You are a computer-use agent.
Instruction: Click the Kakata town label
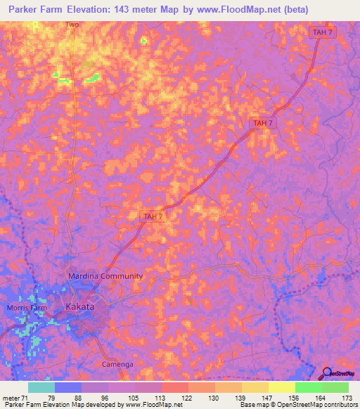pos(79,307)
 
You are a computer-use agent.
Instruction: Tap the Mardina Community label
pos(105,276)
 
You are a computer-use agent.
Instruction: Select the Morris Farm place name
pos(25,308)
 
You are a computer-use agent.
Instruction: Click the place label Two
pos(72,25)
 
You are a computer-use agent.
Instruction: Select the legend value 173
pos(347,398)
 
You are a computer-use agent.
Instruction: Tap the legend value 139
pos(221,398)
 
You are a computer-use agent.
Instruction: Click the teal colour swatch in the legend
pos(41,387)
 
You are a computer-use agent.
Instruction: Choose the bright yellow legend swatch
pos(281,387)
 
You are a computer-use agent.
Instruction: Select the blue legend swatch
pos(68,387)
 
